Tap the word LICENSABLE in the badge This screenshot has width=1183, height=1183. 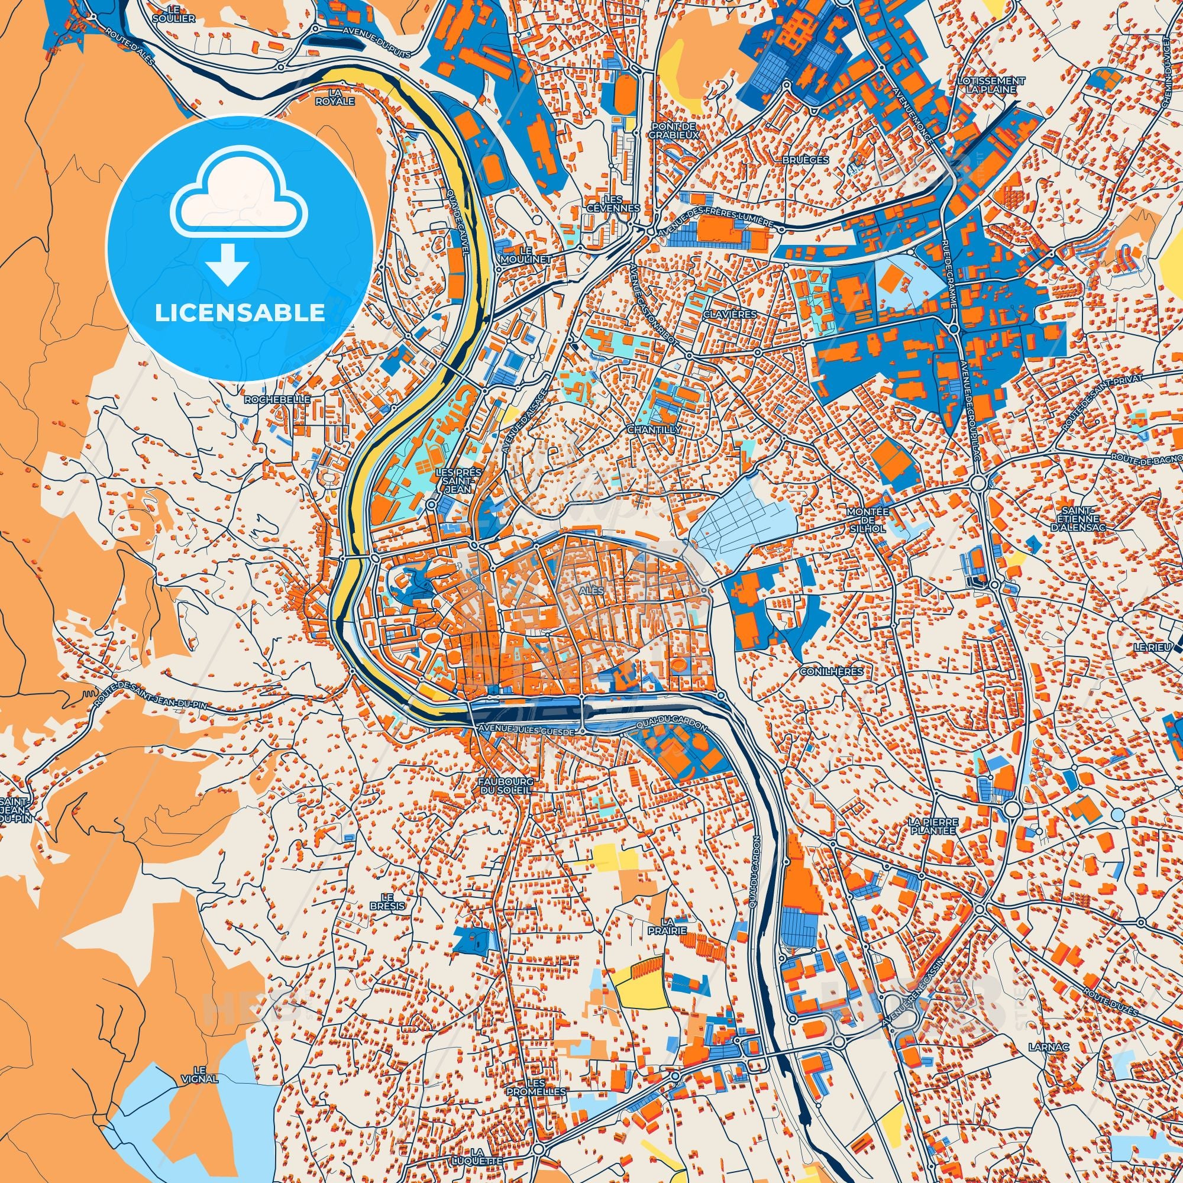pos(240,313)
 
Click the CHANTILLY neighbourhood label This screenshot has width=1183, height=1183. pos(654,430)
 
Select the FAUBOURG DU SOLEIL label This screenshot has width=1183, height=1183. pos(506,786)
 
